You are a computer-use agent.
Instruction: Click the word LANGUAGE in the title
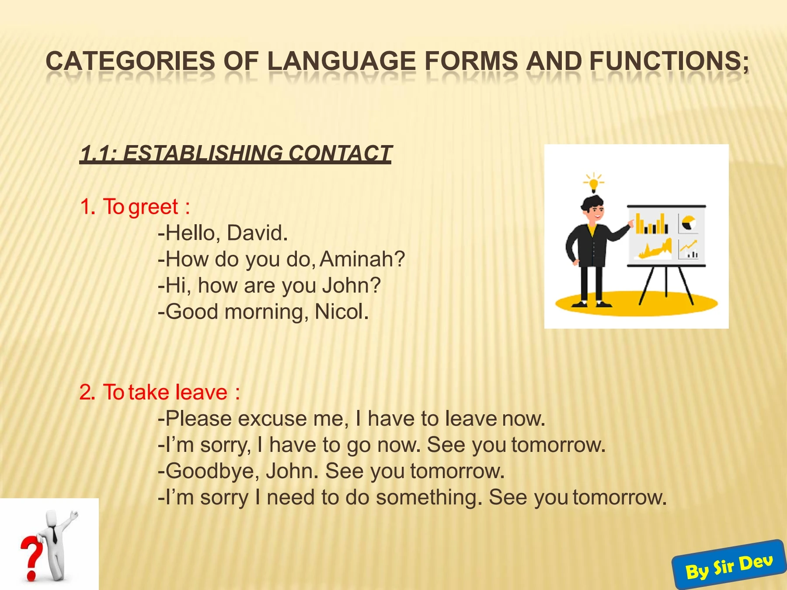click(341, 61)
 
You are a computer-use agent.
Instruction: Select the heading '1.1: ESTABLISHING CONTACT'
click(236, 153)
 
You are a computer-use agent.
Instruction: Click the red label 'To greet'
click(140, 207)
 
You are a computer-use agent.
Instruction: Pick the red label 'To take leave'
click(165, 392)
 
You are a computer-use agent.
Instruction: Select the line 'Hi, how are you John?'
click(269, 285)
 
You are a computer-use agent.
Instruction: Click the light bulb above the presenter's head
click(593, 183)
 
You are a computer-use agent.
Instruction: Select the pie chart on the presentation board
click(689, 222)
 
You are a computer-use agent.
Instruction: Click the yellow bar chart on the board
click(651, 224)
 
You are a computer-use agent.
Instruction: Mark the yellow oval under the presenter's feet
click(637, 303)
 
